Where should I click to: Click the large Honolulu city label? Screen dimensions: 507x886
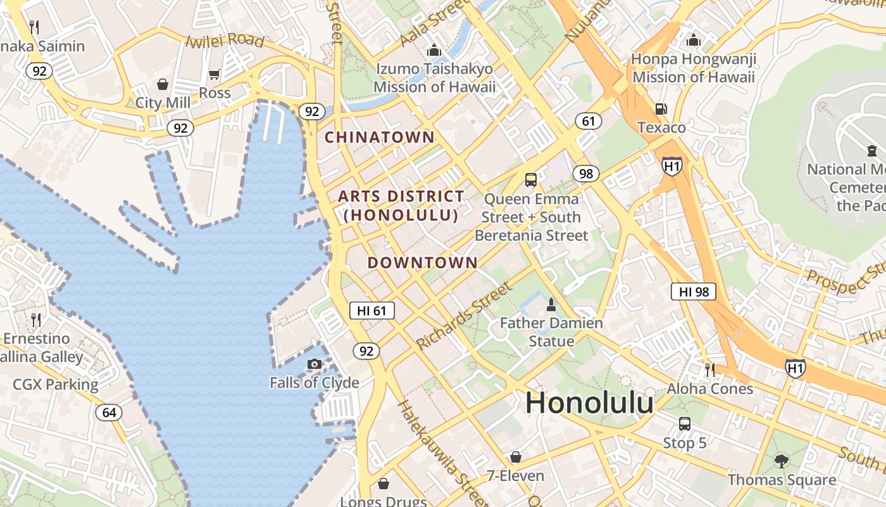tap(589, 403)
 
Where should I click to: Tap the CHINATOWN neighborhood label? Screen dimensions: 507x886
tap(380, 137)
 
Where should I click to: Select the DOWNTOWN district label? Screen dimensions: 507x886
tap(423, 262)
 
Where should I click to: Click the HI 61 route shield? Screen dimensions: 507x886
tap(372, 311)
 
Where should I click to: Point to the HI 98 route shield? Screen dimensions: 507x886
tap(694, 292)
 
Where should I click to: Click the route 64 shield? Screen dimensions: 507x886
tap(109, 413)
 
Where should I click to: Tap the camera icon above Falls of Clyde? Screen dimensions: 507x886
tap(315, 364)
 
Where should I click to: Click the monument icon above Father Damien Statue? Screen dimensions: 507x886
tap(551, 305)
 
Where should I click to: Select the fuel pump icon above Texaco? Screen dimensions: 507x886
tap(661, 109)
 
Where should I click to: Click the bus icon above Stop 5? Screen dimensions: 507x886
tap(684, 424)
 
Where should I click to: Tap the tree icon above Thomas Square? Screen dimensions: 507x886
tap(782, 461)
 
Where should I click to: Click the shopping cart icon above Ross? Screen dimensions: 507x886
tap(215, 74)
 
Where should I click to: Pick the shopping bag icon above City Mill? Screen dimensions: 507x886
tap(163, 84)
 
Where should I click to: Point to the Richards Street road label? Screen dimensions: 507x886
tap(463, 316)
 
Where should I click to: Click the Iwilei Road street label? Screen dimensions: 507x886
tap(225, 41)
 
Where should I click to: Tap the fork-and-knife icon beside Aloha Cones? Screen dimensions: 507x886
tap(710, 369)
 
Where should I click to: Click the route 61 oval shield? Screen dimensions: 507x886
tap(589, 120)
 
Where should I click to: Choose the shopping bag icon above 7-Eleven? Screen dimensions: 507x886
tap(515, 457)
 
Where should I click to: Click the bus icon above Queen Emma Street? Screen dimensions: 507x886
tap(531, 180)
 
